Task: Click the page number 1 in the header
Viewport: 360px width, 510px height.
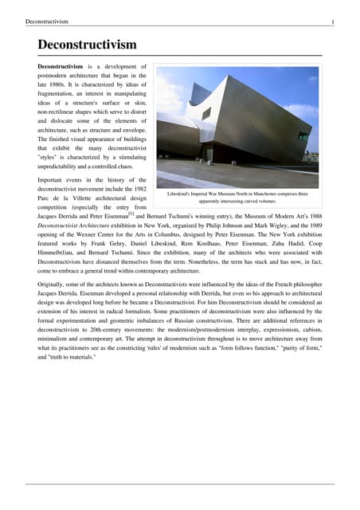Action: click(332, 22)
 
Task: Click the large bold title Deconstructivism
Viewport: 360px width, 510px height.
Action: click(88, 45)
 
